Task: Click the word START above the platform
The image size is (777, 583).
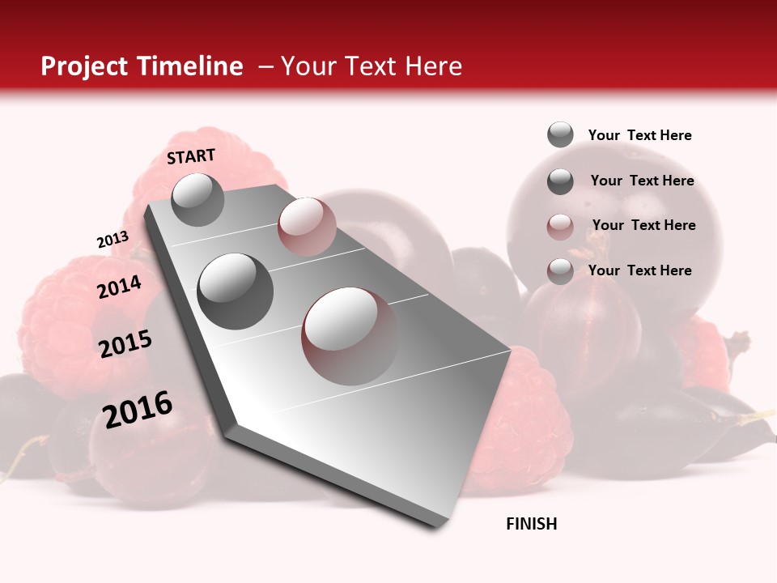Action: pyautogui.click(x=191, y=156)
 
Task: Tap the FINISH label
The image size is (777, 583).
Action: pyautogui.click(x=532, y=524)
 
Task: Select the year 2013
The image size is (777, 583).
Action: pyautogui.click(x=113, y=240)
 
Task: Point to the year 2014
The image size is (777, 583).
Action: pyautogui.click(x=119, y=287)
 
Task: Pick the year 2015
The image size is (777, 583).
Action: pyautogui.click(x=125, y=344)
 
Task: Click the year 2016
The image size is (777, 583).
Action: pyautogui.click(x=138, y=409)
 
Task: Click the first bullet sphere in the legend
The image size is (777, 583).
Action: pyautogui.click(x=560, y=134)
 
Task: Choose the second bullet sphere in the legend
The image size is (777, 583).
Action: pyautogui.click(x=560, y=181)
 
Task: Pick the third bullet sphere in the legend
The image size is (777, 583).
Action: pyautogui.click(x=560, y=227)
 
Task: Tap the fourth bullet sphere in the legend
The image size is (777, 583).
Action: pyautogui.click(x=560, y=271)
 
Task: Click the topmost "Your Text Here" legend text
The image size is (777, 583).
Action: pyautogui.click(x=639, y=135)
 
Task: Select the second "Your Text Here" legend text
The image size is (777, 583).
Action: pyautogui.click(x=642, y=181)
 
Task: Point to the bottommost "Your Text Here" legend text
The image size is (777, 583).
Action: pyautogui.click(x=639, y=270)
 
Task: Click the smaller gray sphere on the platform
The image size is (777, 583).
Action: pyautogui.click(x=197, y=199)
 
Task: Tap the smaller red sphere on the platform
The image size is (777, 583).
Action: pyautogui.click(x=306, y=227)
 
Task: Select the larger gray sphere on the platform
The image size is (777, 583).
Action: pyautogui.click(x=236, y=291)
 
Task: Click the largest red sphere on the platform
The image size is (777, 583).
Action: pyautogui.click(x=350, y=335)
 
